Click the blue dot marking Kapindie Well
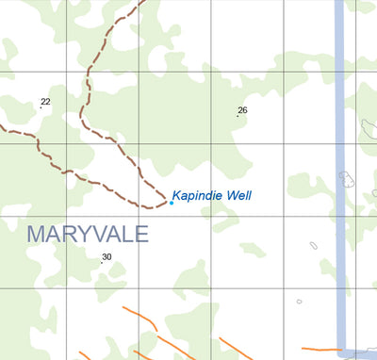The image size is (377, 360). click(x=171, y=203)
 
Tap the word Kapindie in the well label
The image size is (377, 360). click(x=196, y=195)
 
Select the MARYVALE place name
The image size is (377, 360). click(x=88, y=233)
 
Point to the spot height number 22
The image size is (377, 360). click(x=45, y=102)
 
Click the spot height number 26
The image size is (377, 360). click(x=242, y=110)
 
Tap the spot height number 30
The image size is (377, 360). click(x=107, y=256)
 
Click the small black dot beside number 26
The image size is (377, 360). click(x=238, y=117)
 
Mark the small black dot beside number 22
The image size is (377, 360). click(x=41, y=107)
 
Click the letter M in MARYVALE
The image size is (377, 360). click(x=36, y=233)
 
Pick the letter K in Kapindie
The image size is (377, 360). click(x=176, y=195)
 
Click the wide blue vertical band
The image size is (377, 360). click(x=340, y=141)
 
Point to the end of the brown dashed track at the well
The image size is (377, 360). click(x=165, y=201)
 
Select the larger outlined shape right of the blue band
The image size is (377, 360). click(x=347, y=178)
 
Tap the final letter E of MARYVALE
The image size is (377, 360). click(x=141, y=233)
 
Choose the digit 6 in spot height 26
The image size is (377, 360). click(x=245, y=110)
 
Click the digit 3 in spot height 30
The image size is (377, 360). click(x=104, y=256)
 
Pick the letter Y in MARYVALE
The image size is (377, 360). click(x=79, y=233)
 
